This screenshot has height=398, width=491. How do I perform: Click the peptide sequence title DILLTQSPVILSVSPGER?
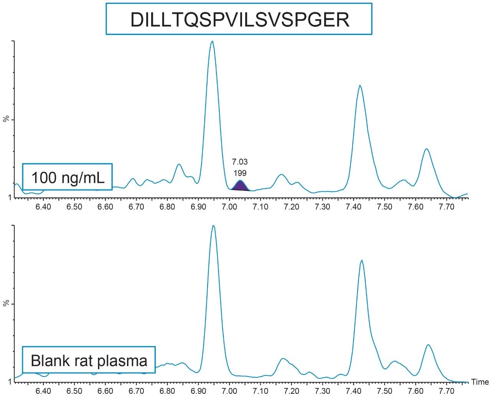239,19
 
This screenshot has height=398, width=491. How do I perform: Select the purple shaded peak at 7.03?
240,186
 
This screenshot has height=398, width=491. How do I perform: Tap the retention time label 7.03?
240,162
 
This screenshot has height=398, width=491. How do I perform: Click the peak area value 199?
240,173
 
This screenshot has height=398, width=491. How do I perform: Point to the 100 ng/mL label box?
68,177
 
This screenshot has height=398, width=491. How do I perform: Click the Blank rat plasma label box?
89,360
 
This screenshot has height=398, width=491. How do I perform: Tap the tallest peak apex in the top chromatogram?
212,41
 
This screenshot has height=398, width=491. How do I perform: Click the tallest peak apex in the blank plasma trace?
213,226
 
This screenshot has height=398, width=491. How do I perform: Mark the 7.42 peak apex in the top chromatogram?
360,86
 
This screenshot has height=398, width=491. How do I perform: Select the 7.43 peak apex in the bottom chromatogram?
361,260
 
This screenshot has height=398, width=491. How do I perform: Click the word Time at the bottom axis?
479,382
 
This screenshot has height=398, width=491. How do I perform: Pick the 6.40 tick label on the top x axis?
43,207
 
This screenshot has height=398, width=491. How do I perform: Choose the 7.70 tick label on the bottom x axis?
446,391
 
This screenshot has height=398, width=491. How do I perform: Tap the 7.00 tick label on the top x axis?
229,207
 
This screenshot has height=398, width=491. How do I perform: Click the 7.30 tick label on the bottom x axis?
322,391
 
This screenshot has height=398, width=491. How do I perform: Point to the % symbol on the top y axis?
6,119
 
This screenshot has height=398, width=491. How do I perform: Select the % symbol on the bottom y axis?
6,303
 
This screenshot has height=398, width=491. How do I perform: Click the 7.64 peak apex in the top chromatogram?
426,149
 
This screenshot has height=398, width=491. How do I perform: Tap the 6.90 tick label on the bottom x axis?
198,391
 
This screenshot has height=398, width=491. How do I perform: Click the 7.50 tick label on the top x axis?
384,207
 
